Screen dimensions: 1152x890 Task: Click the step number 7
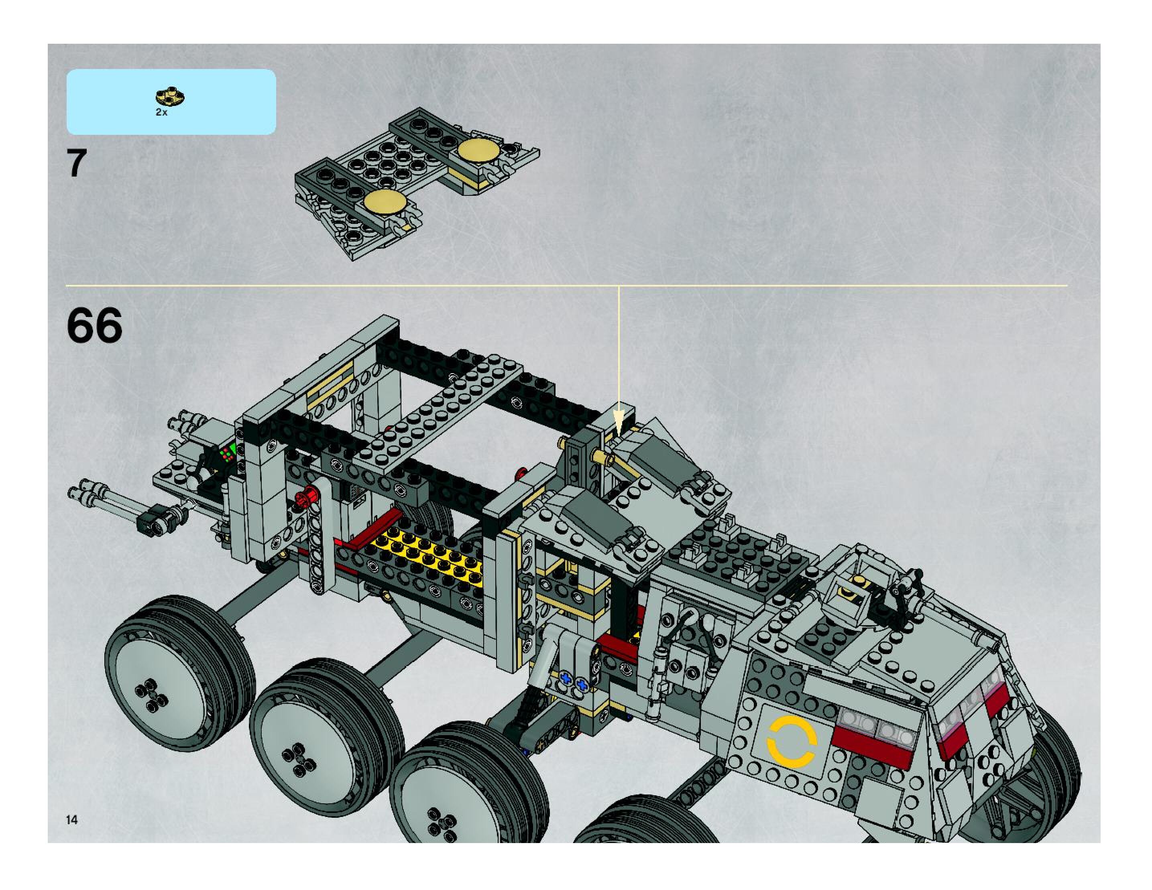(x=77, y=163)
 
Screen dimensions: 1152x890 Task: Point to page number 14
(x=72, y=819)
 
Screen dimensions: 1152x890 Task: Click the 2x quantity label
(x=161, y=112)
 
